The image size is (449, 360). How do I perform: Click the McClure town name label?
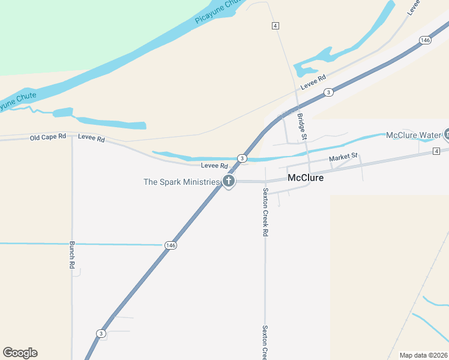coord(306,178)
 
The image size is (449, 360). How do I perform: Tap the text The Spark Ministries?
coord(181,182)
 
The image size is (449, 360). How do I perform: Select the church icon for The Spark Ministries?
coord(228,181)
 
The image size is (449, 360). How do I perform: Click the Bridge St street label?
coord(302,127)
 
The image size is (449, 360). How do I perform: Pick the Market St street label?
coord(343,157)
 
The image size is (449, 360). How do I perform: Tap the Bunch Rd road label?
coord(71,255)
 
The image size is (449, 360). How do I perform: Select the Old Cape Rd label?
coord(47,137)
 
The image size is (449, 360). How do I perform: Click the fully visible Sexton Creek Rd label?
coord(265,212)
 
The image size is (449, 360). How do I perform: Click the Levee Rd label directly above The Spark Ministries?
coord(214,166)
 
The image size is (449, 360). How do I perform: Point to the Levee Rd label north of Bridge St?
coord(313,82)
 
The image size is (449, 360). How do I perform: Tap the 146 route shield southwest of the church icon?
coord(170,245)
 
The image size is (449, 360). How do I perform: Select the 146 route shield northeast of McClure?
coord(425,40)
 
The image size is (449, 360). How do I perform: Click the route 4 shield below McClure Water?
coord(436,151)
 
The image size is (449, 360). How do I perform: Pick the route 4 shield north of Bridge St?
coord(275,26)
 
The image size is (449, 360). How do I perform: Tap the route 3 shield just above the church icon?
coord(241,158)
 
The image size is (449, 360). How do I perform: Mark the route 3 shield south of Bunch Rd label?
coord(100,333)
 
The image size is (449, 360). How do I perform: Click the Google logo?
coord(20,353)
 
